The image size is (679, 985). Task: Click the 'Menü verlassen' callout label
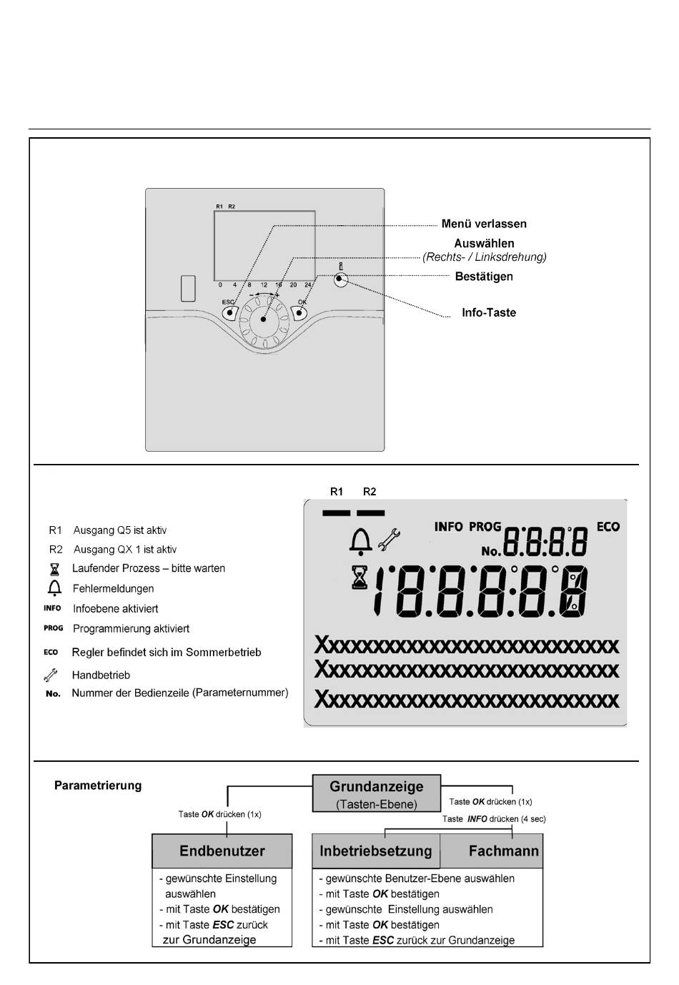[x=483, y=224]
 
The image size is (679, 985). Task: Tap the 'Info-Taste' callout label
[x=488, y=312]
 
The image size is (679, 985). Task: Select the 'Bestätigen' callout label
[x=483, y=277]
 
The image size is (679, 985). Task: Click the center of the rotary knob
[x=263, y=319]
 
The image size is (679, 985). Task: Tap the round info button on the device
[x=339, y=279]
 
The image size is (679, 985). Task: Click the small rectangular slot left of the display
[x=188, y=288]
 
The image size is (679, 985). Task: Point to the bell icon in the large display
[x=360, y=541]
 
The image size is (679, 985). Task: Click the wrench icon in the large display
[x=389, y=540]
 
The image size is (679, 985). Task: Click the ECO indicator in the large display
[x=608, y=527]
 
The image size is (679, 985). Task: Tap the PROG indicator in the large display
[x=485, y=527]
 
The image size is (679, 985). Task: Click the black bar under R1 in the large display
[x=337, y=513]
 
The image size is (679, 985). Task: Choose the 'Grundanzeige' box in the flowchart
[x=376, y=793]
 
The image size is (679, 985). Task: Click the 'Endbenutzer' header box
[x=222, y=851]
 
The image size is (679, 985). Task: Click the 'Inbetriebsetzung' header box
[x=376, y=851]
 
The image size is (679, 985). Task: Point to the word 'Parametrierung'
[x=98, y=786]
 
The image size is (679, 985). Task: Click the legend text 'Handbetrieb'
[x=101, y=675]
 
